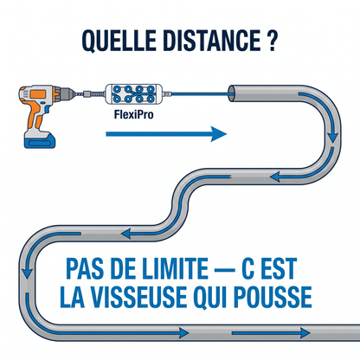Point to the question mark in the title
[x=271, y=40]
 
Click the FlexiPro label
[x=133, y=114]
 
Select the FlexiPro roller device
[x=133, y=94]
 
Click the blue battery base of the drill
[x=40, y=141]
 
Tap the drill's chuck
[x=67, y=93]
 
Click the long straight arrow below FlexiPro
[x=166, y=134]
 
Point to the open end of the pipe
[x=232, y=93]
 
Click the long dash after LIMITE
[x=224, y=270]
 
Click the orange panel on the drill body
[x=38, y=94]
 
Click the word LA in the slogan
[x=72, y=297]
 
